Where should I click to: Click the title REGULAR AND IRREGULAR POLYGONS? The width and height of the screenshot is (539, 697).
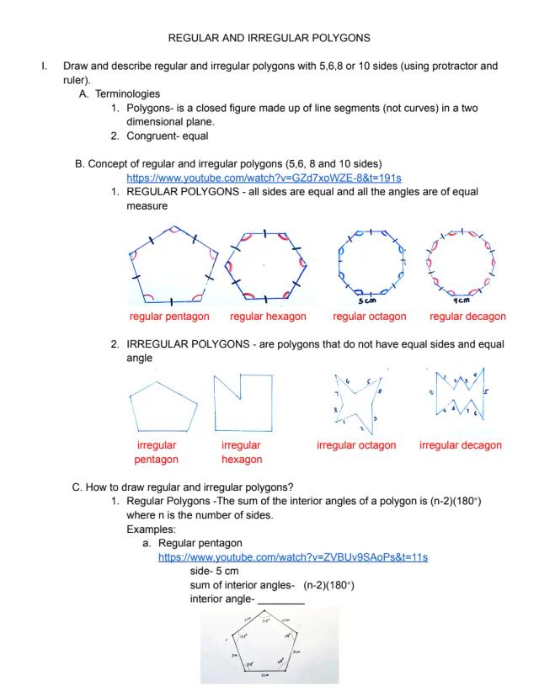click(269, 38)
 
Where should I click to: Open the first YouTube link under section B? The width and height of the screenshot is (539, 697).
click(264, 178)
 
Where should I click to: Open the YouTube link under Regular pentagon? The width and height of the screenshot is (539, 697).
click(293, 557)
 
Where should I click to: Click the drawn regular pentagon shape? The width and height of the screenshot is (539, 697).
click(173, 266)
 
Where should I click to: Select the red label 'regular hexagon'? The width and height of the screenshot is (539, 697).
click(268, 317)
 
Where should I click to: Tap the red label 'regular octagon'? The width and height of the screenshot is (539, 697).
click(369, 317)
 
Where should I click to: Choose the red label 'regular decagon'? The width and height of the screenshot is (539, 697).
click(467, 317)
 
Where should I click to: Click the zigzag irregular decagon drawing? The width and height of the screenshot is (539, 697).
click(460, 395)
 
